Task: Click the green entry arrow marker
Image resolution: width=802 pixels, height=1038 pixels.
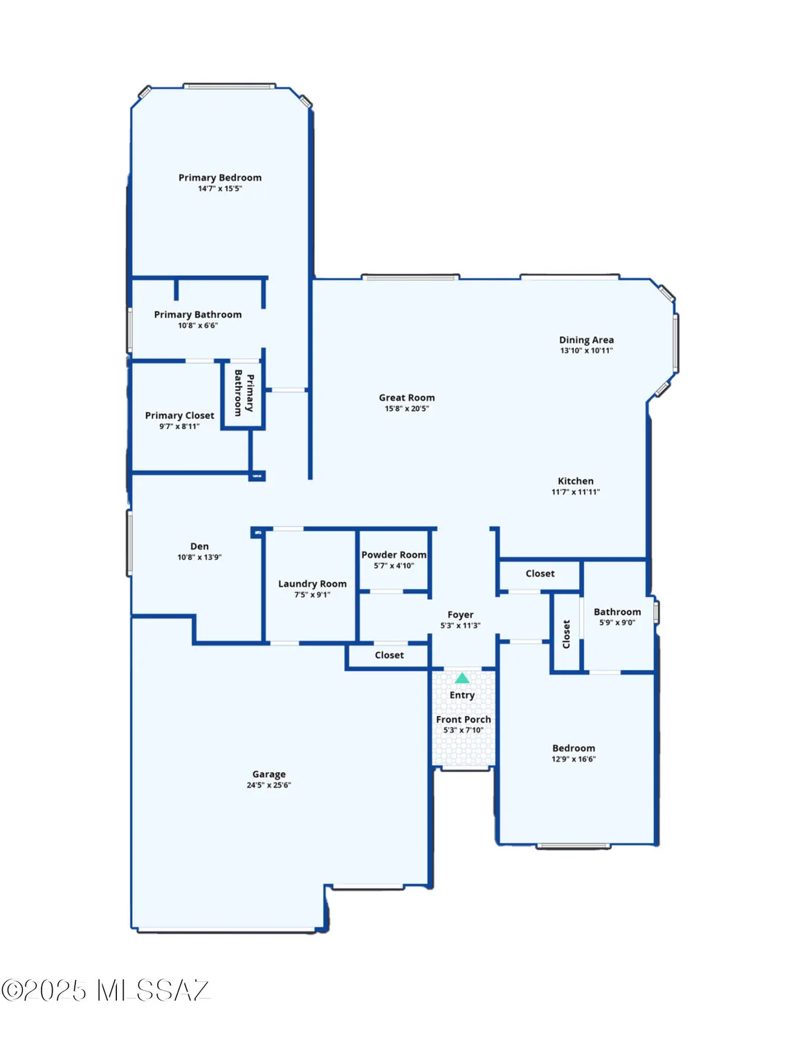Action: point(462,678)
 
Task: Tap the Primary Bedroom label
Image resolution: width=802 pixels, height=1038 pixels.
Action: point(220,178)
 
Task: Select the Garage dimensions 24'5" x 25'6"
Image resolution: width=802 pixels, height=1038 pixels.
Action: point(268,785)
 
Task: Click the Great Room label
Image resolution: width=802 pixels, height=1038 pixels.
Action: point(407,398)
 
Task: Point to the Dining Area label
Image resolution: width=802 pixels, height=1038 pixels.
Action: point(586,340)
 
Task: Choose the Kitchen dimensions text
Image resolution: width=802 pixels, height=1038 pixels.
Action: point(575,492)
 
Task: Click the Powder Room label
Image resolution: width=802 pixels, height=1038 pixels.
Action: point(394,555)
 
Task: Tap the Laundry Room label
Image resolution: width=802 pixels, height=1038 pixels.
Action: point(312,584)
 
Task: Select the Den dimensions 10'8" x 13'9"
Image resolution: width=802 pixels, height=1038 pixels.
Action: point(199,557)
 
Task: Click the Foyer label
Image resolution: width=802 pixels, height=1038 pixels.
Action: point(460,614)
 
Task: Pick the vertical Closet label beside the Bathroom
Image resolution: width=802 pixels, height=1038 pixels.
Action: point(566,634)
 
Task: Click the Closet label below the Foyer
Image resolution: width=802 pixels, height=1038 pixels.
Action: point(389,655)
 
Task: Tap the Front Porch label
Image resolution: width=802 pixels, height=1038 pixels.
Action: point(463,720)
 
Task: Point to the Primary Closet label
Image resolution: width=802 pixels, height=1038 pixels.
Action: point(179,416)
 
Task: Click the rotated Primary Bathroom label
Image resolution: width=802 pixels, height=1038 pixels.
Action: point(244,393)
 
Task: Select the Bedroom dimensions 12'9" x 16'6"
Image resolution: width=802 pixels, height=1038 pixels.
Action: point(573,759)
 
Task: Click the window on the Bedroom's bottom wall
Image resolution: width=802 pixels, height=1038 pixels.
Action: point(573,846)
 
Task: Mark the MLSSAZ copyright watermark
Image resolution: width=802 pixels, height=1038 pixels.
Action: point(105,990)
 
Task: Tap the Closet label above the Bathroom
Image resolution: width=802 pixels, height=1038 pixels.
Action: point(540,574)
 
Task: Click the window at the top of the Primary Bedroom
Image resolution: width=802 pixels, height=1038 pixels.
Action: point(229,86)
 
